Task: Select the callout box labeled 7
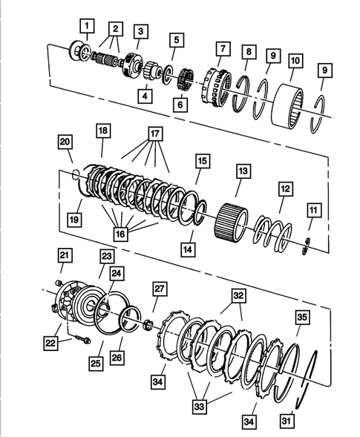[220, 48]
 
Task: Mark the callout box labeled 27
[159, 288]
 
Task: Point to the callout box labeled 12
[286, 189]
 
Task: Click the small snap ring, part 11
[310, 246]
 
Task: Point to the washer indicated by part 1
[77, 50]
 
